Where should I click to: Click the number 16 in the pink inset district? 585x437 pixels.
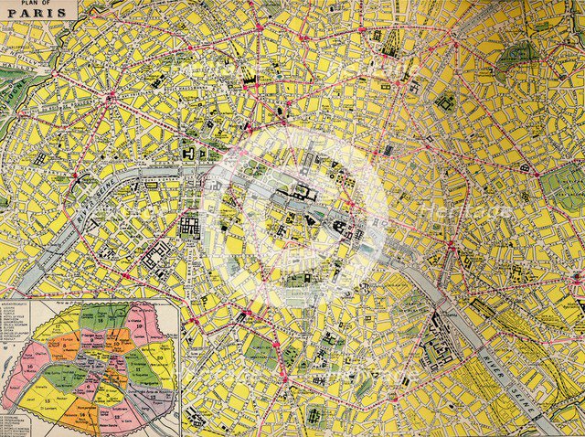point(31,366)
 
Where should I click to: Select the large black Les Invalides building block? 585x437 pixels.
point(190,226)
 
